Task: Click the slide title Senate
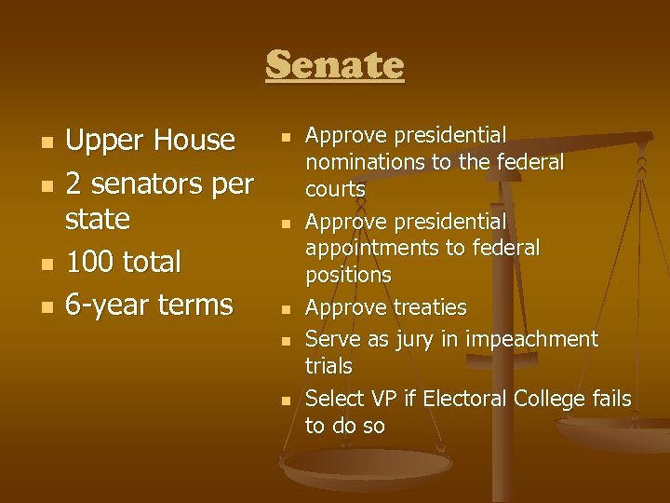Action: point(335,66)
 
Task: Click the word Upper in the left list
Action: point(99,141)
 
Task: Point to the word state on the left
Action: point(97,220)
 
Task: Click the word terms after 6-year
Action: point(195,305)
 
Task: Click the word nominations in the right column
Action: point(362,162)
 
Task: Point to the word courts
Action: point(335,189)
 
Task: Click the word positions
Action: point(348,275)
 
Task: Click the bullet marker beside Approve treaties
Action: point(287,308)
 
